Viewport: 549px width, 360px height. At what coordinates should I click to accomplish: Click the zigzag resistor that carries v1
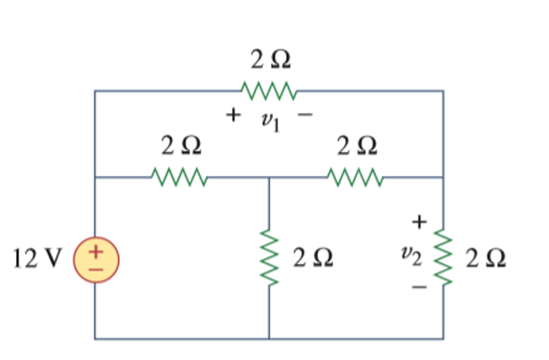268,90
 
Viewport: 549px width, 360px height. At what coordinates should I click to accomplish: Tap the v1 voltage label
269,122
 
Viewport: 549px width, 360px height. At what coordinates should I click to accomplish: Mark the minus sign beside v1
305,116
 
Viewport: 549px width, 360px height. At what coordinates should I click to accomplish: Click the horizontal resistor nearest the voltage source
179,177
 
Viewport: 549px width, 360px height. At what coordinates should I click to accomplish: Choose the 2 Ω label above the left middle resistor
181,147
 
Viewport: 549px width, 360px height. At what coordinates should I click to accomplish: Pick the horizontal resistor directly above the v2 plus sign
356,177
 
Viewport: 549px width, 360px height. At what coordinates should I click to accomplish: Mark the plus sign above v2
418,222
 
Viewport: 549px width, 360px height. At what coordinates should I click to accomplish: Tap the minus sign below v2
418,287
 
